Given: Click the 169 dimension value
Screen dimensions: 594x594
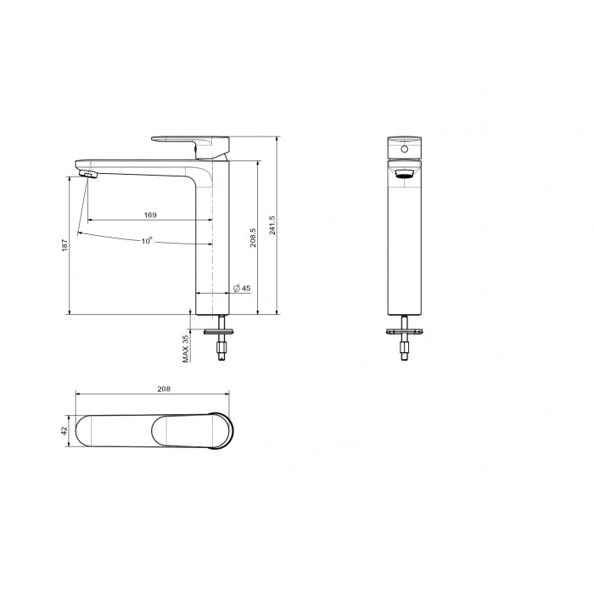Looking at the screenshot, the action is click(150, 216).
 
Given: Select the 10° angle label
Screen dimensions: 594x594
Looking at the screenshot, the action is click(147, 241).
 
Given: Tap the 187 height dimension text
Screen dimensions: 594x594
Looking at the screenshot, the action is click(64, 244).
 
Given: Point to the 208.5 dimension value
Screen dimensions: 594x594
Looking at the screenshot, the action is click(253, 238).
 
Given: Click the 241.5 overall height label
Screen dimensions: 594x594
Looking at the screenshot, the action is click(272, 225).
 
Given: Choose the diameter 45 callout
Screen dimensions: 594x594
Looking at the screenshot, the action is click(242, 289).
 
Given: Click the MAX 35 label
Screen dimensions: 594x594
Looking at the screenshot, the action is click(185, 349).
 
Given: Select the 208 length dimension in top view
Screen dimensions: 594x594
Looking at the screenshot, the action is click(164, 389).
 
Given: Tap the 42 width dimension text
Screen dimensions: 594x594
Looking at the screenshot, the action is click(64, 430).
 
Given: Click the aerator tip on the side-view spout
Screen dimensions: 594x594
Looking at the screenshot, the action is click(88, 174).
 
